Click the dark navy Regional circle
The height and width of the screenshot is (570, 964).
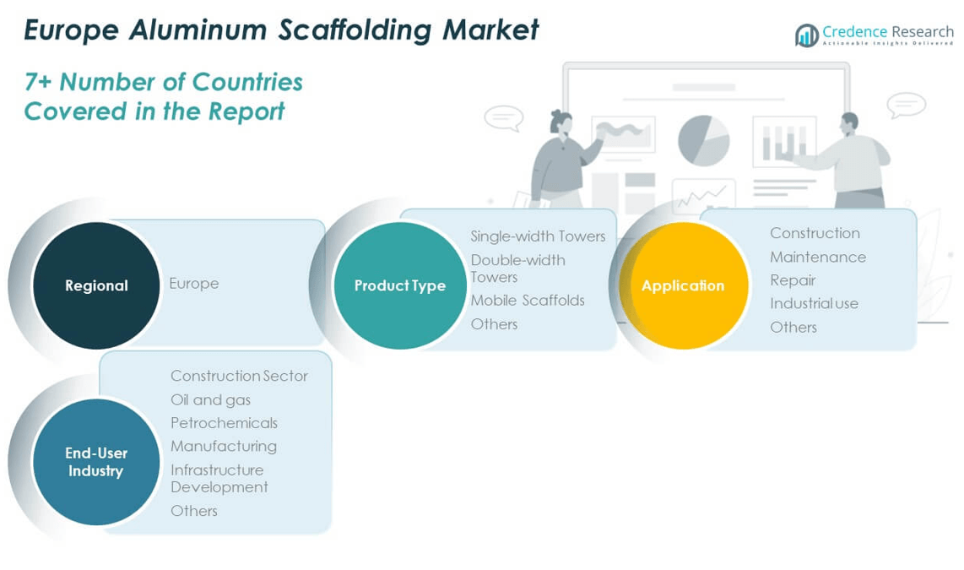96,285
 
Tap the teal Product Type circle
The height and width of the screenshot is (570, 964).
399,285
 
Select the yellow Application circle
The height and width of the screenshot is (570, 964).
683,285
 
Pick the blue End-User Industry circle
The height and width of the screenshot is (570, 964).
96,462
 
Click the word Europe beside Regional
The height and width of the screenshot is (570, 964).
193,284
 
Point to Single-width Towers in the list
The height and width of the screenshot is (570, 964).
538,236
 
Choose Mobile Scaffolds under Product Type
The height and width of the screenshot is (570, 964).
528,301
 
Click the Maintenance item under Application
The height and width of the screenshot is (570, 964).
818,257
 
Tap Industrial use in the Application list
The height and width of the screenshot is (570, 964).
814,303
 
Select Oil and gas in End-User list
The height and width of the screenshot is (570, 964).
210,399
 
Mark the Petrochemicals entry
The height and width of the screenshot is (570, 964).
224,423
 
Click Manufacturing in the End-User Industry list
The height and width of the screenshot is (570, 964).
224,446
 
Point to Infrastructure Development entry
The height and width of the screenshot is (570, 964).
219,478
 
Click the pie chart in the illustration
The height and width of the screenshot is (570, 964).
703,140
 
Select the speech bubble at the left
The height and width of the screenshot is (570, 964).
504,117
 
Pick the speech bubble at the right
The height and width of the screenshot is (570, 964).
906,106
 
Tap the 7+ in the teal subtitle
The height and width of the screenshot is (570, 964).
39,82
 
